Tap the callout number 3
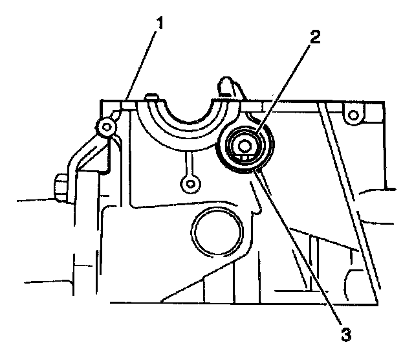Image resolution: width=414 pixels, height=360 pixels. [x=347, y=334]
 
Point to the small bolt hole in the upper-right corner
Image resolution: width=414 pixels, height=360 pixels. [x=353, y=116]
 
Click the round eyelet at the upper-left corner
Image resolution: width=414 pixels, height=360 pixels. [x=103, y=128]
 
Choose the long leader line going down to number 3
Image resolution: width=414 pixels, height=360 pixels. [x=301, y=253]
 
